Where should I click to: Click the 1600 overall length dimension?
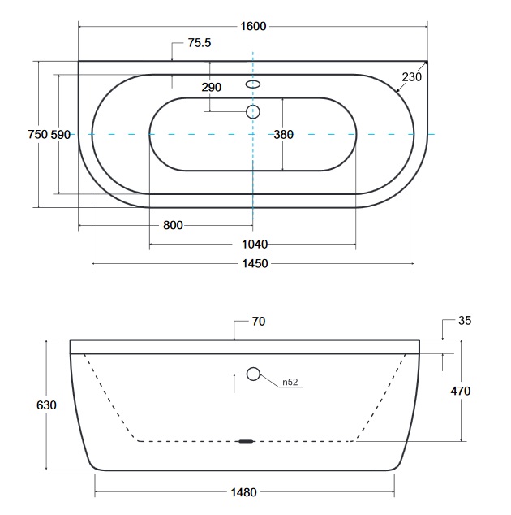(x=253, y=26)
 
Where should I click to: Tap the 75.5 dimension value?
(x=200, y=43)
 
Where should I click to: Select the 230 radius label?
(x=411, y=77)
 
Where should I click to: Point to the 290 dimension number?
(x=211, y=87)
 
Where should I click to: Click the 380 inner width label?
(x=283, y=134)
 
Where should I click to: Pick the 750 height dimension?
(x=38, y=134)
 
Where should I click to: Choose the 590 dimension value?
(x=61, y=134)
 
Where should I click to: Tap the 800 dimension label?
(x=173, y=225)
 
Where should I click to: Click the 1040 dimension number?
(x=255, y=244)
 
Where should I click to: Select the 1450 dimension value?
(x=255, y=263)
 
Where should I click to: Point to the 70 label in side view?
(x=259, y=321)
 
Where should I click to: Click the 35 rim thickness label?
(x=465, y=320)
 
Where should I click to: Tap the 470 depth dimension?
(x=461, y=391)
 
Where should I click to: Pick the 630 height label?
(x=46, y=405)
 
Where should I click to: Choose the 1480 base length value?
(x=243, y=492)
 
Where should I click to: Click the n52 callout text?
(x=290, y=382)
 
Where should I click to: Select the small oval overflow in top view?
(x=253, y=84)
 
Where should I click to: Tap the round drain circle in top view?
(x=253, y=111)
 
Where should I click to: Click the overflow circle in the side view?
(x=253, y=374)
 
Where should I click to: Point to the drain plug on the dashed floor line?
(x=247, y=441)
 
